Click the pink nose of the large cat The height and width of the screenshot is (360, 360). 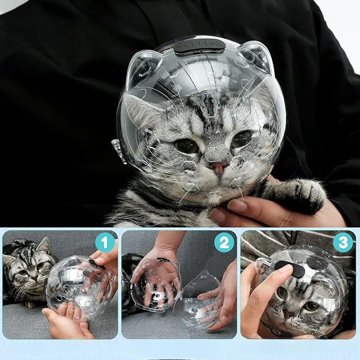(218, 168)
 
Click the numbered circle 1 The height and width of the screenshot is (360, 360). (105, 242)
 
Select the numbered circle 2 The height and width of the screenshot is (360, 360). (224, 242)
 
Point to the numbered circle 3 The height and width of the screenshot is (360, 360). (343, 242)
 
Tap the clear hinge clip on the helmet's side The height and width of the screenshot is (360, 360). (118, 151)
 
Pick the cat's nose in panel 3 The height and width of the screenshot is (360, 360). (287, 314)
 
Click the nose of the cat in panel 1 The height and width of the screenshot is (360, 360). (34, 278)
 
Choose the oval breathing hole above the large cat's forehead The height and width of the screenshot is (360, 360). (208, 105)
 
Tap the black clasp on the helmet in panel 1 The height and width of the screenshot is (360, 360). (96, 265)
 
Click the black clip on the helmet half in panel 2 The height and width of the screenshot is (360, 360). (163, 260)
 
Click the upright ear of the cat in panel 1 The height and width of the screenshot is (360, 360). (44, 245)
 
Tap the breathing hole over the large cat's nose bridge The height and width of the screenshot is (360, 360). (213, 153)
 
